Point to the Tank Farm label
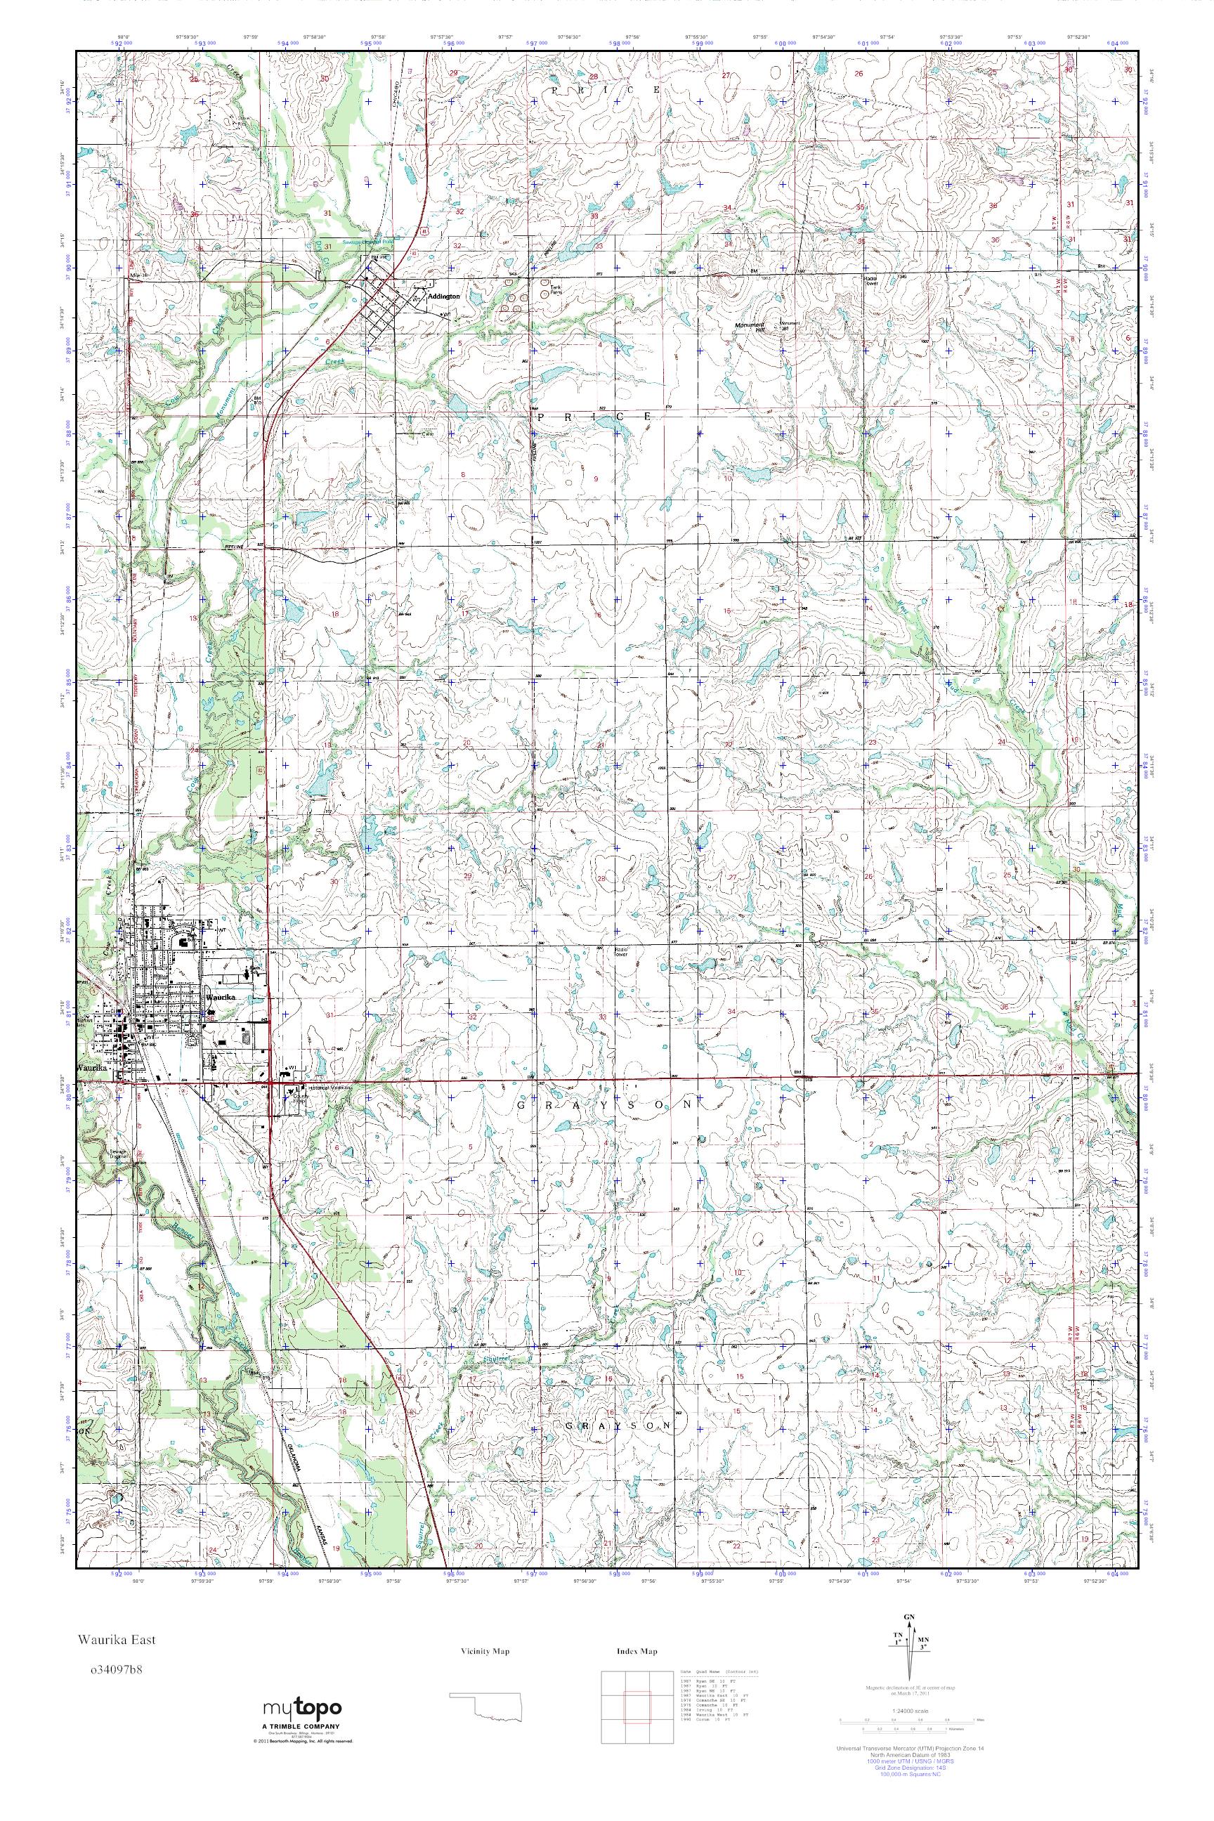556,290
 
